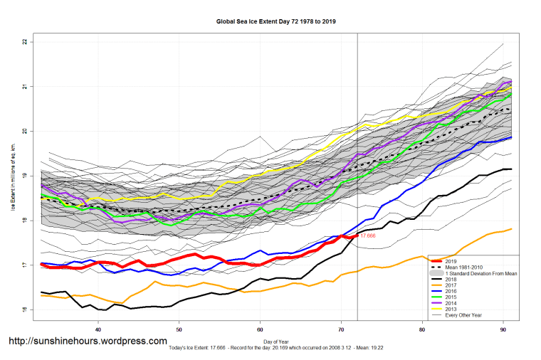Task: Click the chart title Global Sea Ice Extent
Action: click(x=276, y=22)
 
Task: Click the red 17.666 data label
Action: click(x=368, y=235)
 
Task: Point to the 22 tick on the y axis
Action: click(x=24, y=42)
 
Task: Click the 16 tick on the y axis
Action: click(x=24, y=309)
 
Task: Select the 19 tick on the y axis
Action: click(x=24, y=176)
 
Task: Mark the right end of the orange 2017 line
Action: click(x=512, y=228)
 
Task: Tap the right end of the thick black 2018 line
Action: click(x=512, y=169)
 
